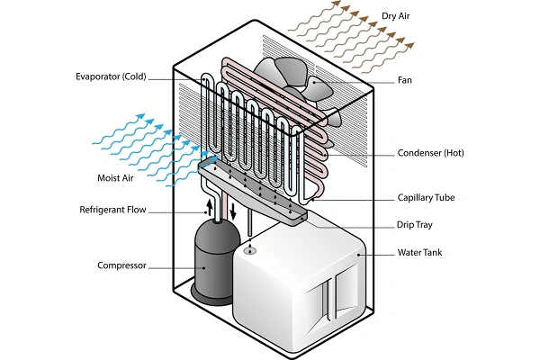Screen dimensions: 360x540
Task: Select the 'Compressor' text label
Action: point(123,265)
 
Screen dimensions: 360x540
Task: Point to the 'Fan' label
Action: point(406,79)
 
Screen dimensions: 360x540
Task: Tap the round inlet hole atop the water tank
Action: point(251,252)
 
